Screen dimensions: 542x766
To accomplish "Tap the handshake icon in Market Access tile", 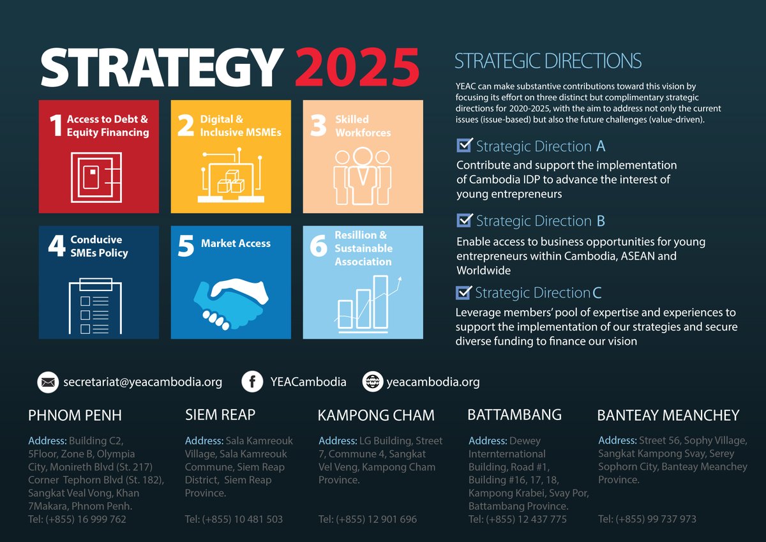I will pos(231,299).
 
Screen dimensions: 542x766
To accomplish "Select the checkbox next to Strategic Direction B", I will pos(465,220).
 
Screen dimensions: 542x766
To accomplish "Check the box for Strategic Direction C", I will pos(464,292).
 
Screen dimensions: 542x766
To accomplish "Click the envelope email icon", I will pos(47,382).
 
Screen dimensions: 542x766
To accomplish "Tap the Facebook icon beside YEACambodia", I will pos(252,382).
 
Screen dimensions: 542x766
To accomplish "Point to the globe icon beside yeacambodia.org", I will pos(372,382).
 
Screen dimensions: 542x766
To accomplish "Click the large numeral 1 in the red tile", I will pos(56,125).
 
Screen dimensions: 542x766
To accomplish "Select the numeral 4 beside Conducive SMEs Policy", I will pos(56,246).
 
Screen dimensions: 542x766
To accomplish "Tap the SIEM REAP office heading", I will pos(220,415).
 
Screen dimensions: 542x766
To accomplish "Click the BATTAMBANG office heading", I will pos(514,415).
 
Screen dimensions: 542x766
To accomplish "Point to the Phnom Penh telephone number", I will pos(77,519).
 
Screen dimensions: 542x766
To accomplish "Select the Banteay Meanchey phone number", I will pos(647,519).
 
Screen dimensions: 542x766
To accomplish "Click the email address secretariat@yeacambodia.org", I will pos(142,382).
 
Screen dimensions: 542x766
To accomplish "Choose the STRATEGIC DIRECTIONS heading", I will pos(548,61).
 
